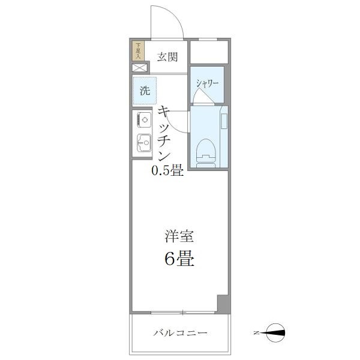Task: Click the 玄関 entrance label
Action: (167, 58)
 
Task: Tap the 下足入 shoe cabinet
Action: (139, 50)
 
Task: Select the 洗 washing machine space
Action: (145, 91)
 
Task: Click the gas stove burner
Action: (143, 120)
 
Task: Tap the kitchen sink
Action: (143, 143)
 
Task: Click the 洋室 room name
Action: (179, 236)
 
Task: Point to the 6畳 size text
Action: (179, 260)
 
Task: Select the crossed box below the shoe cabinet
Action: (139, 68)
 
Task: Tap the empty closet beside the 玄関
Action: (209, 52)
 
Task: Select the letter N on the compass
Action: (256, 332)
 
